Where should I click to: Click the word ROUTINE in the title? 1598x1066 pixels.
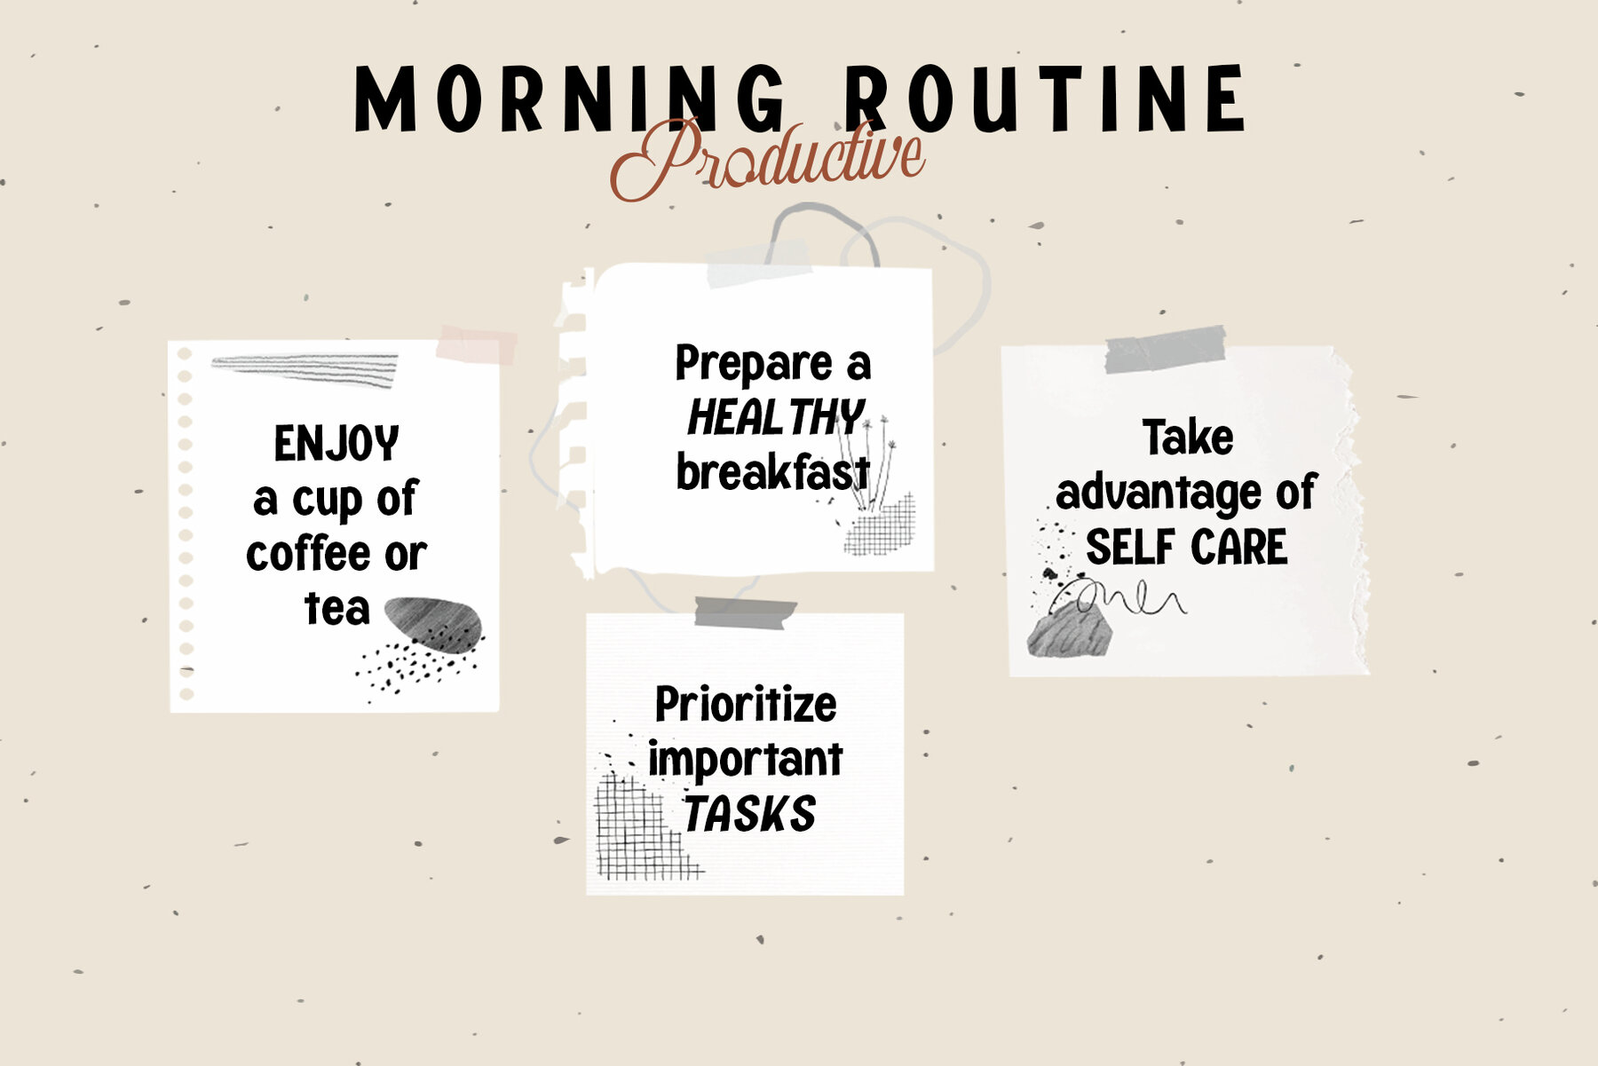[x=1045, y=99]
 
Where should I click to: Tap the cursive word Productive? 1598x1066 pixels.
[x=767, y=160]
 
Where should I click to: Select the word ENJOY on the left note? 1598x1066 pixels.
[x=336, y=444]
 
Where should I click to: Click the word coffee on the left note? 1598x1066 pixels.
[x=308, y=554]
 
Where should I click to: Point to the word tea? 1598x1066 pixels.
[x=336, y=609]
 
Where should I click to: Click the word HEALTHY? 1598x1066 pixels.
[x=776, y=417]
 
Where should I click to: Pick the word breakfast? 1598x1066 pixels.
[x=772, y=471]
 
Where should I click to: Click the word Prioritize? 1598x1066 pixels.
[x=746, y=705]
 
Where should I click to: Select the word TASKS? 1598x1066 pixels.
[x=749, y=814]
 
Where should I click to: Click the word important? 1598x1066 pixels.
[x=745, y=761]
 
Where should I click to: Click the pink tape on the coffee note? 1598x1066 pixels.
[x=476, y=345]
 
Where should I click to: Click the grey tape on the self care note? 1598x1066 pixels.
[x=1166, y=350]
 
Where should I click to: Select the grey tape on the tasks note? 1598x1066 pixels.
[x=745, y=612]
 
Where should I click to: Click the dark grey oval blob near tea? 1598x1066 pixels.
[x=433, y=624]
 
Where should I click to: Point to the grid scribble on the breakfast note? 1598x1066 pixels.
[x=880, y=525]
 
